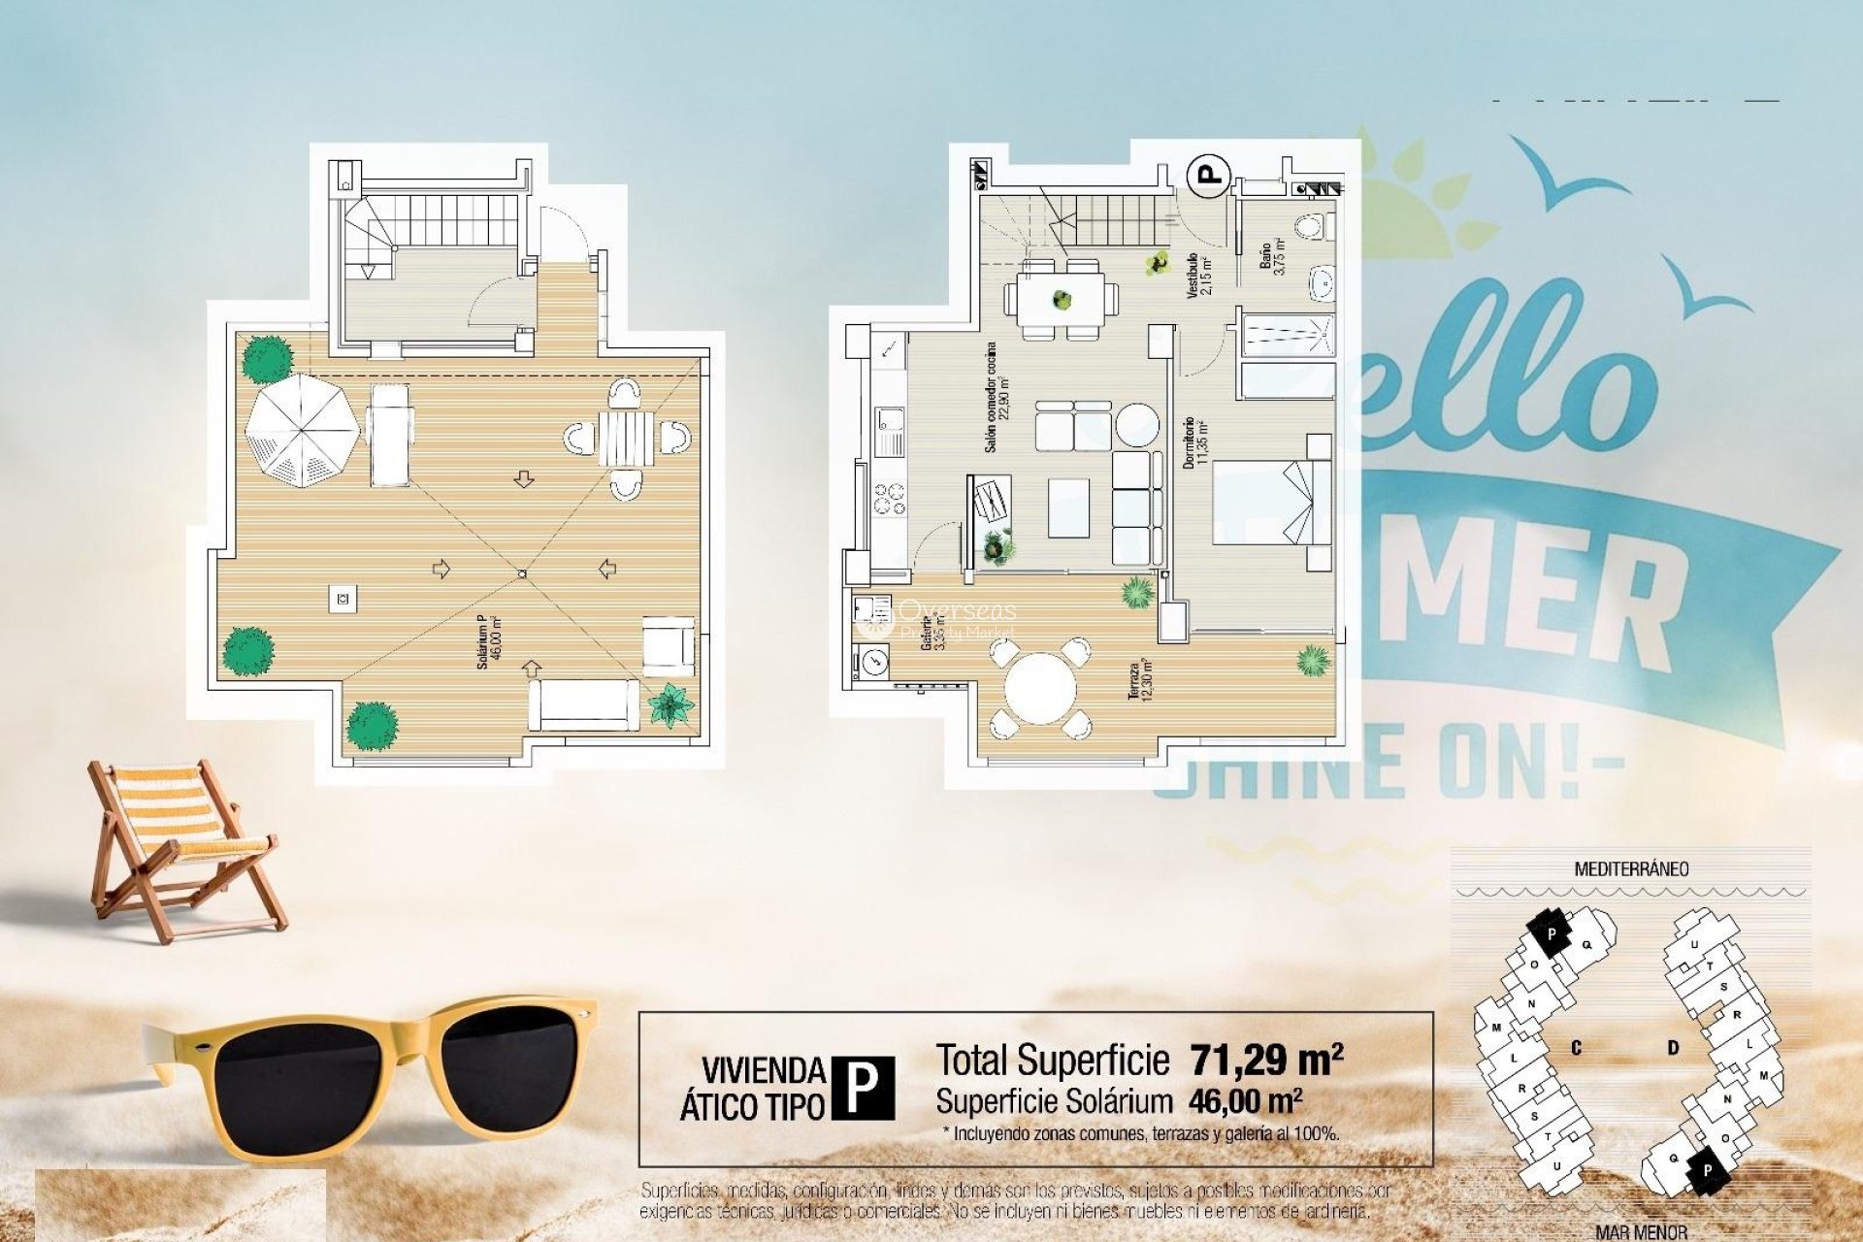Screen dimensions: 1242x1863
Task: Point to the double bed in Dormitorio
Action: (1266, 502)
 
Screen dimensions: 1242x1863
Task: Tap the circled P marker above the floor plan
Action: (1208, 176)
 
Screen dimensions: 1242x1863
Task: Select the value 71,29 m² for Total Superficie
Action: (1265, 1060)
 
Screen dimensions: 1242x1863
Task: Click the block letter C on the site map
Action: (1576, 1048)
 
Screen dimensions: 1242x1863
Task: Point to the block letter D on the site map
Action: (1673, 1048)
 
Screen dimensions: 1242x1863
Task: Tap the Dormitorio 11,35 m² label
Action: (1194, 442)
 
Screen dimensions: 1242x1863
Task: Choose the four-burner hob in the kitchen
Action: (889, 499)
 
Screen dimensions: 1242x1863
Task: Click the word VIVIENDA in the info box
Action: (763, 1070)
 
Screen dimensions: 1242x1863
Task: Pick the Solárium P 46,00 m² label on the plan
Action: (488, 641)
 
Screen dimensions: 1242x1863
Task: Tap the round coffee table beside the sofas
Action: (1136, 425)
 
